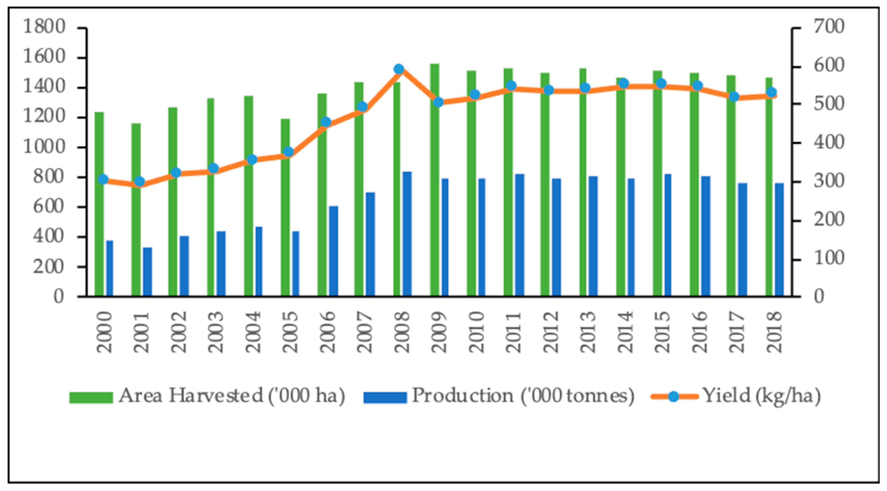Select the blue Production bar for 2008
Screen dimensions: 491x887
(407, 234)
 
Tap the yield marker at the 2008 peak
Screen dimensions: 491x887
(399, 69)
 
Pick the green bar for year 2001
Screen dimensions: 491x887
(136, 210)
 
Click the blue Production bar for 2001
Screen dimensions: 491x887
(147, 272)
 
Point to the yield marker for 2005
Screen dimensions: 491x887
(289, 152)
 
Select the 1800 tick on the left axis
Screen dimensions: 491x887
(44, 27)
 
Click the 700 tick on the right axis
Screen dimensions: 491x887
(829, 27)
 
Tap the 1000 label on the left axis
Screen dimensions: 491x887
(44, 147)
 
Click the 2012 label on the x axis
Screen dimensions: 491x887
(551, 332)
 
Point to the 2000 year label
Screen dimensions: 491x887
(104, 332)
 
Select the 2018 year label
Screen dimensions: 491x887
(774, 332)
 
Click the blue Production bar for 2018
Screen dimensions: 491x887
(779, 239)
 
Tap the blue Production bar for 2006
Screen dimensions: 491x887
(333, 251)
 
